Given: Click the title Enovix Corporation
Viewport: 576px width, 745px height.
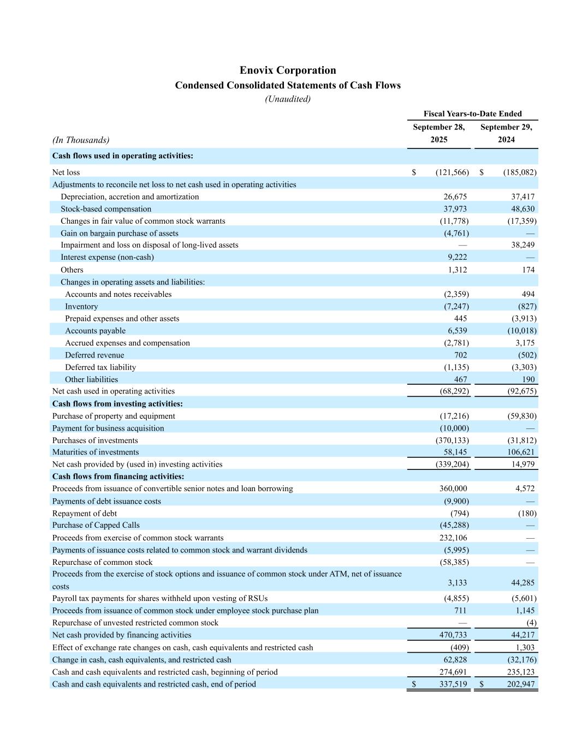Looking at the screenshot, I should (x=288, y=70).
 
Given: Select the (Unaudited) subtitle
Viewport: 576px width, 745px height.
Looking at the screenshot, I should (x=288, y=99).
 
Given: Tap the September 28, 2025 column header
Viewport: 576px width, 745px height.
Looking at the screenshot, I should (x=438, y=133).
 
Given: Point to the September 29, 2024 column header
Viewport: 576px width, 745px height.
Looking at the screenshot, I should (x=506, y=133).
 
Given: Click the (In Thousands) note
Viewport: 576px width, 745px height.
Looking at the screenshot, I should (x=81, y=140).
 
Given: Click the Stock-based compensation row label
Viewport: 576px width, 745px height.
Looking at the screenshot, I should (x=106, y=209).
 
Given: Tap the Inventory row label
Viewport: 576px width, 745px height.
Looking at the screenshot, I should (x=81, y=307).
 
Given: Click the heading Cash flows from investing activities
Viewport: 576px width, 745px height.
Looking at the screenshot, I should (x=117, y=404).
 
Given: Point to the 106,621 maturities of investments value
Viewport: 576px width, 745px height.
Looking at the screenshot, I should (x=521, y=452).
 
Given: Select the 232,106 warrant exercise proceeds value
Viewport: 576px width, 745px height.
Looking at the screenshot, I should (x=453, y=538).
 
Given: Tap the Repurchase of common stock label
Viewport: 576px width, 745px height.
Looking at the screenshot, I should (x=102, y=562).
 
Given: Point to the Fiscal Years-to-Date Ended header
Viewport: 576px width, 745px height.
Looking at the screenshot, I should (x=472, y=114).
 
